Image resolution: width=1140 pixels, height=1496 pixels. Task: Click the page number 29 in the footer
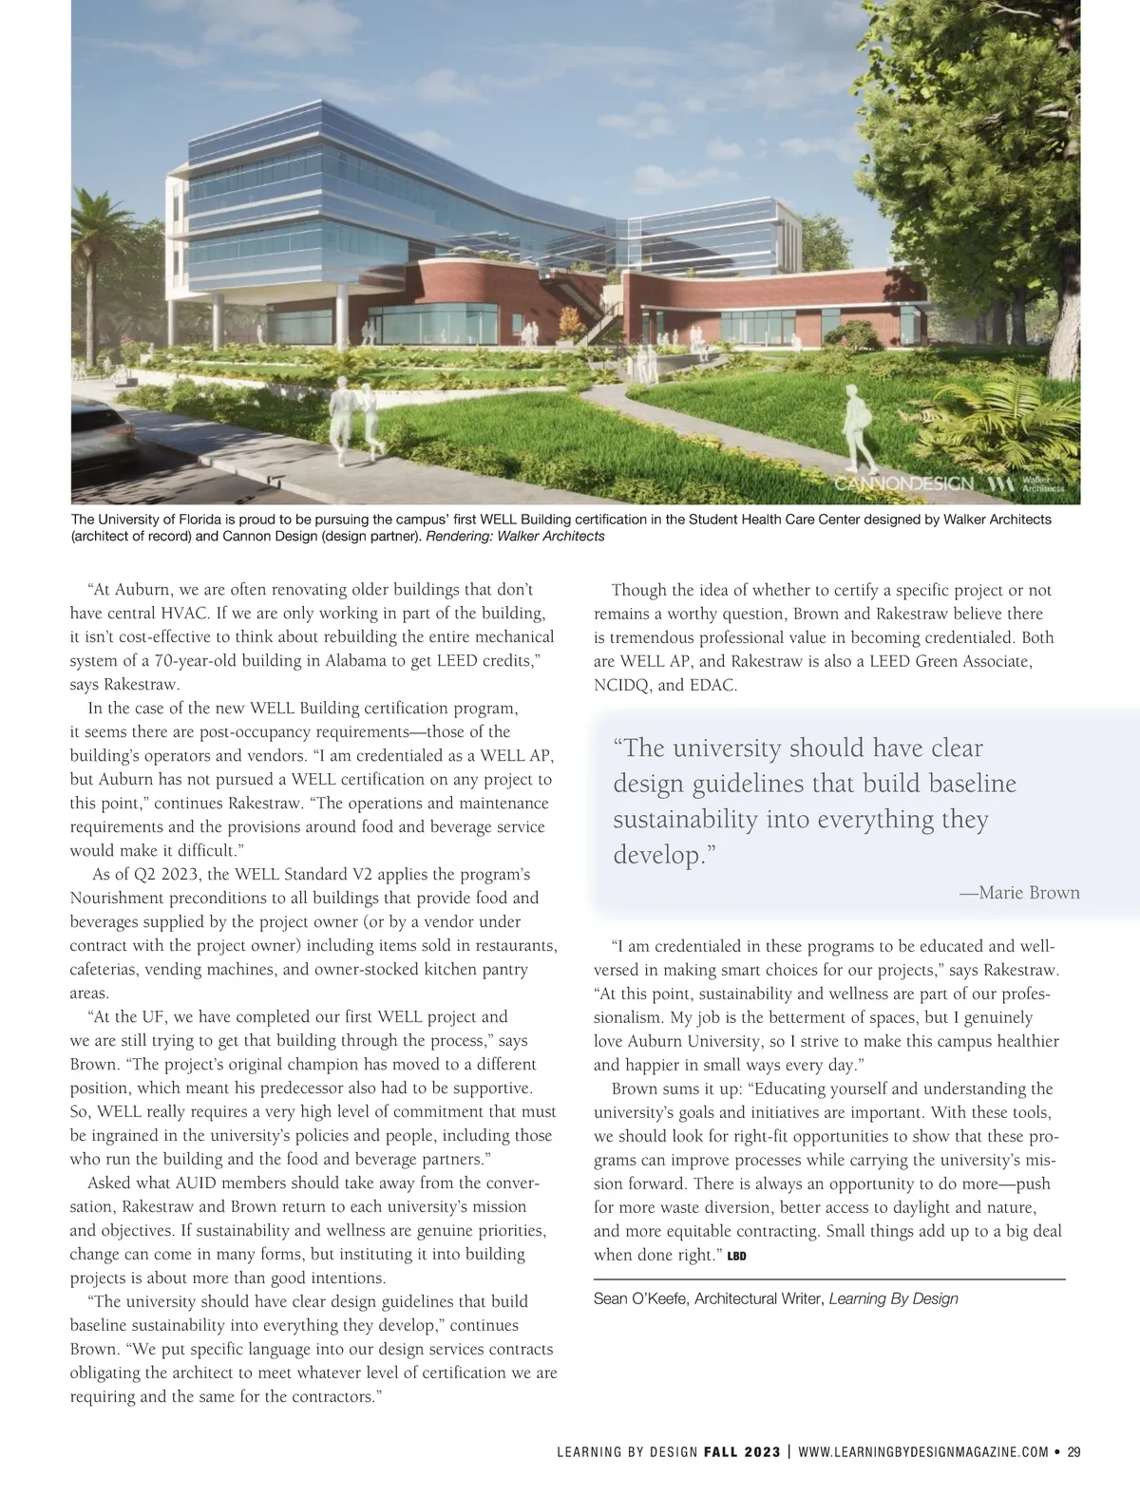coord(1073,1451)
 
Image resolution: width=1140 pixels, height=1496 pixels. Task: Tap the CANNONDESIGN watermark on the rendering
coord(903,484)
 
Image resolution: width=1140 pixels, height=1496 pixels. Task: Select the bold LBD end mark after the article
coord(736,1257)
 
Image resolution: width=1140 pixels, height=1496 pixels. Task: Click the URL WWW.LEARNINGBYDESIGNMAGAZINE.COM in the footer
coord(923,1451)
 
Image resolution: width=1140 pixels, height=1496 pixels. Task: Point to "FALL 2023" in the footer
coord(742,1451)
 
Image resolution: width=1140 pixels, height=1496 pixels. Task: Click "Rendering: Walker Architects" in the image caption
coord(516,537)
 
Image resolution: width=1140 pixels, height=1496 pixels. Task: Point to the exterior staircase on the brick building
coord(594,309)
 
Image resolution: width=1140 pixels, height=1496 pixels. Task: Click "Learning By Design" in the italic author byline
coord(893,1298)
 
